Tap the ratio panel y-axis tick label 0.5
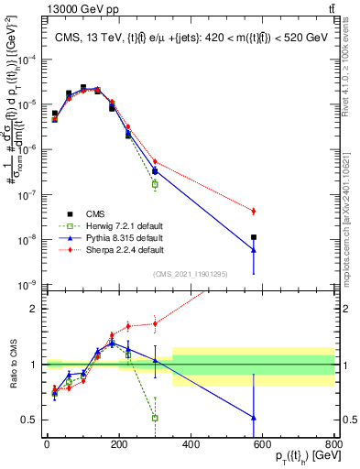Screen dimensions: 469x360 pos(30,420)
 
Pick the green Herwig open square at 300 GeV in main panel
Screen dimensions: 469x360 pos(155,184)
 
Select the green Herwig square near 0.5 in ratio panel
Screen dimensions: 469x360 pos(155,418)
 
